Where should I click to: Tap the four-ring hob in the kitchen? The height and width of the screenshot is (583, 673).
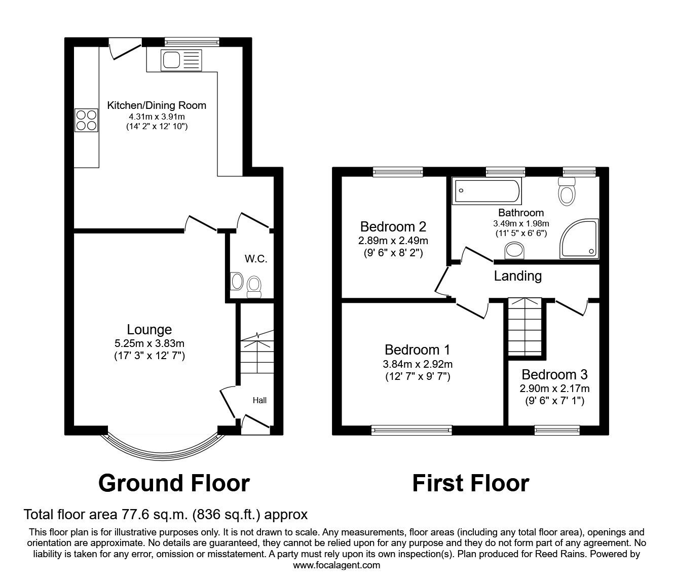click(x=86, y=120)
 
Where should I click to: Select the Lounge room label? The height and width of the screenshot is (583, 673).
click(x=149, y=330)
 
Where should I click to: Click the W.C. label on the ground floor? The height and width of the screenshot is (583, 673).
click(x=256, y=259)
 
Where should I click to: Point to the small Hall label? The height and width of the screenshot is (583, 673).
click(x=259, y=400)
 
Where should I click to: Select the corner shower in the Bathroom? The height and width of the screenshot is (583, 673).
click(x=579, y=238)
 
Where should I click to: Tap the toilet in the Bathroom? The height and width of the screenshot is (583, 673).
click(x=566, y=191)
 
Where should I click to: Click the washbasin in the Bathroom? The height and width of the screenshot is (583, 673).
click(x=516, y=250)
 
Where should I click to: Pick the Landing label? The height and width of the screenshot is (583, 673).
click(x=517, y=276)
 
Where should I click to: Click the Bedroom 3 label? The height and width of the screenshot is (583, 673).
click(x=554, y=375)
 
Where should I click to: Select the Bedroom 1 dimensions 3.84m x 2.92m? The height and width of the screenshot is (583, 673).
click(x=417, y=364)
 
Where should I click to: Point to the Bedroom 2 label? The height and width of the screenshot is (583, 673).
click(x=393, y=226)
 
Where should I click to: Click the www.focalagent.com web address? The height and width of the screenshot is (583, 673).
click(x=336, y=565)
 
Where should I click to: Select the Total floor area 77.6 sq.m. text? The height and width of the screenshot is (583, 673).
click(x=166, y=515)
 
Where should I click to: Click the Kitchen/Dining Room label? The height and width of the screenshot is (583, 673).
click(x=157, y=105)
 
